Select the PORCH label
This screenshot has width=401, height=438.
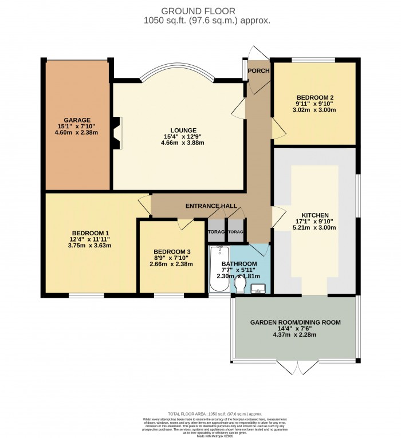coord(258,71)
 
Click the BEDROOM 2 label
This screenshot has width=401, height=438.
coord(314,96)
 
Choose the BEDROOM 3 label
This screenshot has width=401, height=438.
coord(171,251)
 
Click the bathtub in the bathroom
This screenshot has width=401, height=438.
coord(218,270)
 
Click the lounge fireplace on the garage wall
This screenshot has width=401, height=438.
coord(116,133)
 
